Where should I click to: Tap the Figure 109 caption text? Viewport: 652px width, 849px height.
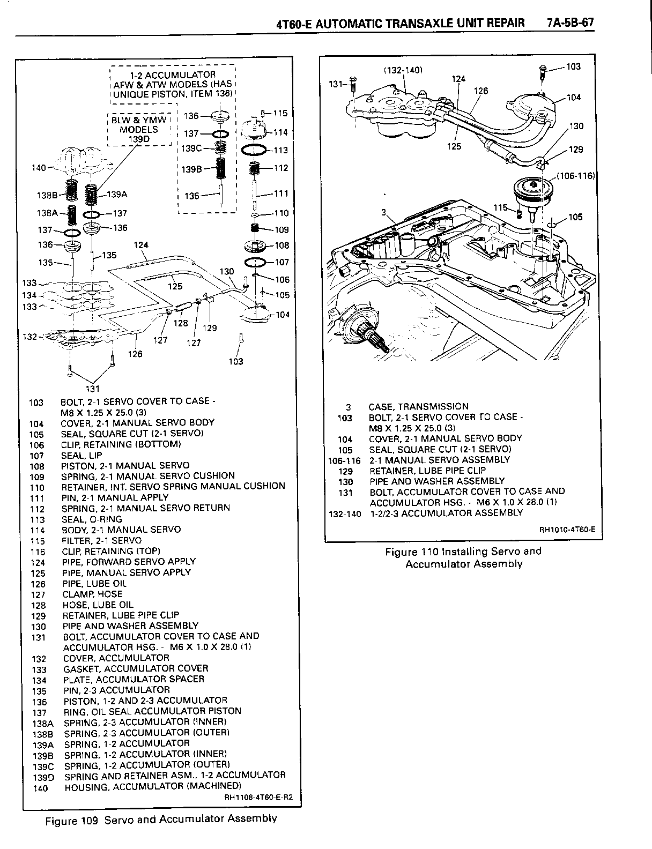[161, 818]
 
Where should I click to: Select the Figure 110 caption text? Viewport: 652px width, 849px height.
[463, 557]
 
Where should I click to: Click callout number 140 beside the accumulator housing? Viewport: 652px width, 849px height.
[39, 168]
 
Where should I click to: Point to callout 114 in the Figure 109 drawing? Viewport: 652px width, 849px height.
[280, 132]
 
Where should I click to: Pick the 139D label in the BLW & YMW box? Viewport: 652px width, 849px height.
[138, 139]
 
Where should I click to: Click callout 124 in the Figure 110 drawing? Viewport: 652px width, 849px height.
[458, 79]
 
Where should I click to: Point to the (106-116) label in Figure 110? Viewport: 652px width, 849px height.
[576, 175]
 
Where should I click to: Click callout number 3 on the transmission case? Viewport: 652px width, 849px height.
[383, 213]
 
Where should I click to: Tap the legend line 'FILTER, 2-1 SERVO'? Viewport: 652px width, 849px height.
[101, 540]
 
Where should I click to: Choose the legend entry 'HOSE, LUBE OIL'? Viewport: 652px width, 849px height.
[98, 605]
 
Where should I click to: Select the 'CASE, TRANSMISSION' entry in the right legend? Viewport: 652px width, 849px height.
[418, 406]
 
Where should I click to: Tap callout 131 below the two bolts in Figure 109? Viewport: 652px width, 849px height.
[93, 389]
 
